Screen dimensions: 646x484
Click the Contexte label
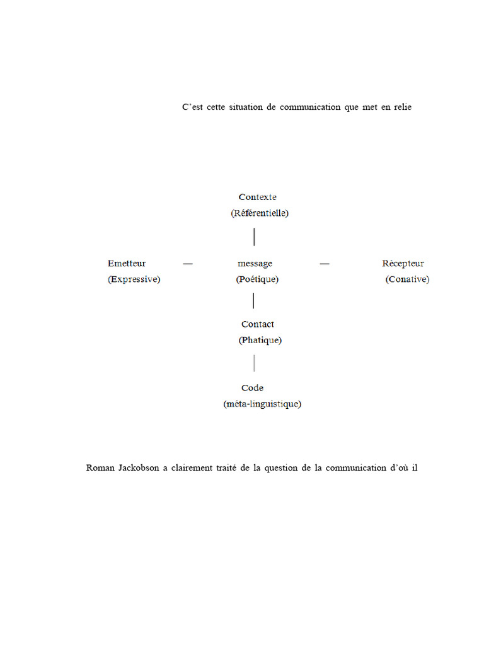click(257, 197)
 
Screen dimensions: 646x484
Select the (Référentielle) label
click(260, 213)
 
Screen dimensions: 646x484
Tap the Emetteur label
click(127, 264)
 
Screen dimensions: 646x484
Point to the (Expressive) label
click(134, 279)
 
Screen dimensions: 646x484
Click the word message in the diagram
click(255, 264)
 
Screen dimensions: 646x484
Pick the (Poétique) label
click(257, 279)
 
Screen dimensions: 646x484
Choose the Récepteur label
click(403, 264)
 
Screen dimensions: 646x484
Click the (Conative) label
click(407, 279)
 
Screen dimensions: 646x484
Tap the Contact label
click(258, 324)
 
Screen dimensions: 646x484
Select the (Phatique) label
click(260, 340)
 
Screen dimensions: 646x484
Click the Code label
click(252, 388)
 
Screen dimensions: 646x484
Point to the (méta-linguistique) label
click(262, 404)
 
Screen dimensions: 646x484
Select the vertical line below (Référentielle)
click(254, 237)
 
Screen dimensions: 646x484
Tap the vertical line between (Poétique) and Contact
click(253, 301)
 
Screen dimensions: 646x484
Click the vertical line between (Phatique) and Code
click(254, 363)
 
